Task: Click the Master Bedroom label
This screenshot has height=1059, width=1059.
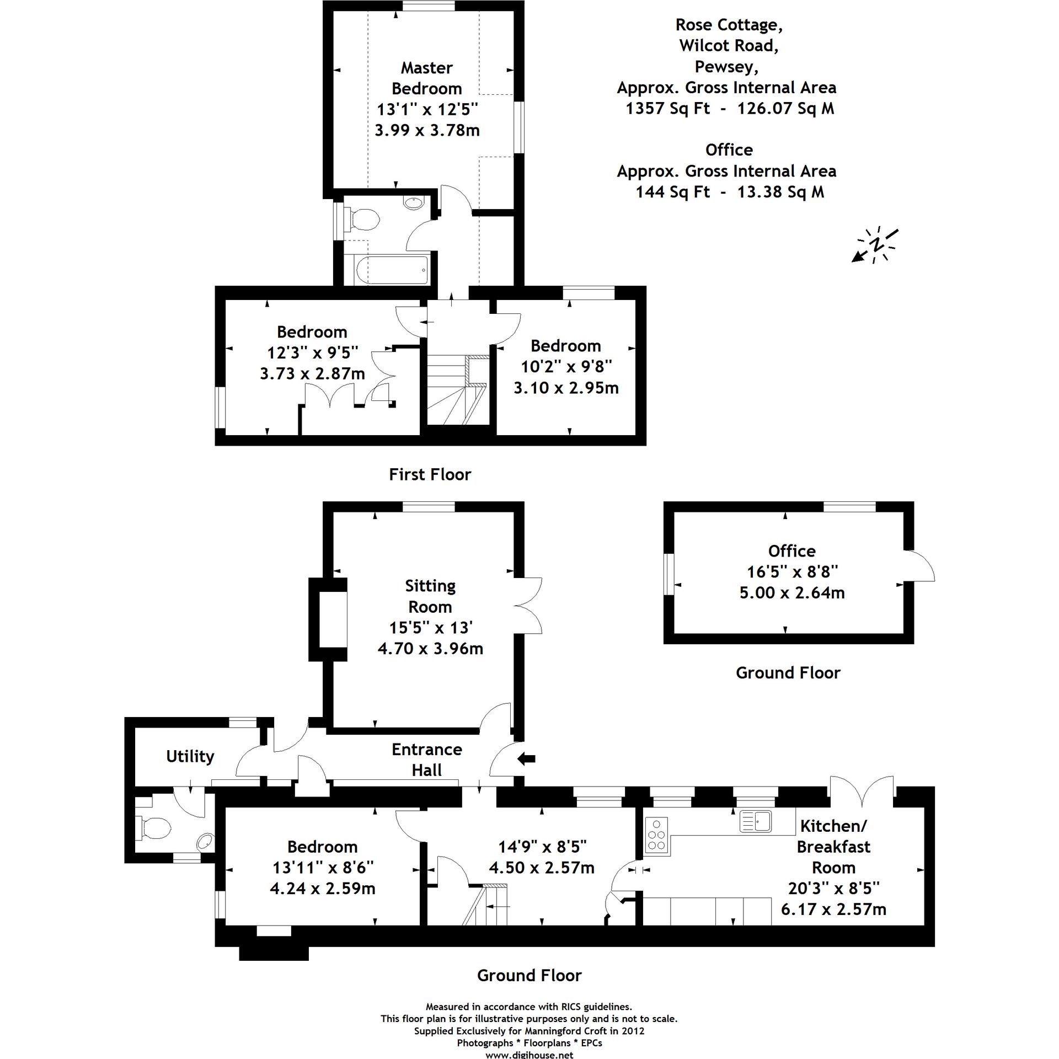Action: click(x=426, y=78)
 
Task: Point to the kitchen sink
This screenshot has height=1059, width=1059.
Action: click(x=756, y=821)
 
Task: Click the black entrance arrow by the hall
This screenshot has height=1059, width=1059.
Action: click(x=527, y=760)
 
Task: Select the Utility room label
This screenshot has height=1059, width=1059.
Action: click(x=190, y=756)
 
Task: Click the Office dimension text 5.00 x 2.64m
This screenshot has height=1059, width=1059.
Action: click(x=791, y=593)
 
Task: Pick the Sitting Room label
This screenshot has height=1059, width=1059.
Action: click(x=430, y=596)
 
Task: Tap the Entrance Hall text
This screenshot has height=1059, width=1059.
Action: click(x=426, y=760)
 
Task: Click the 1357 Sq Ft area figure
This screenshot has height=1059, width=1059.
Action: click(x=667, y=109)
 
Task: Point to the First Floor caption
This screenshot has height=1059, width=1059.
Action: click(x=430, y=474)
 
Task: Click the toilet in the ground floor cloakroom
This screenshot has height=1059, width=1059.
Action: click(x=155, y=828)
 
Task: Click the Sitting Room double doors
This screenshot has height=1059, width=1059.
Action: click(x=528, y=606)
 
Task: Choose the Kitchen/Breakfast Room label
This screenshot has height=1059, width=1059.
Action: click(x=833, y=847)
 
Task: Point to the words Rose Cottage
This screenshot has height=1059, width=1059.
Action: click(x=729, y=25)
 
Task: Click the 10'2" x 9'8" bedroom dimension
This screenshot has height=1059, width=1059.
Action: click(x=566, y=366)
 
